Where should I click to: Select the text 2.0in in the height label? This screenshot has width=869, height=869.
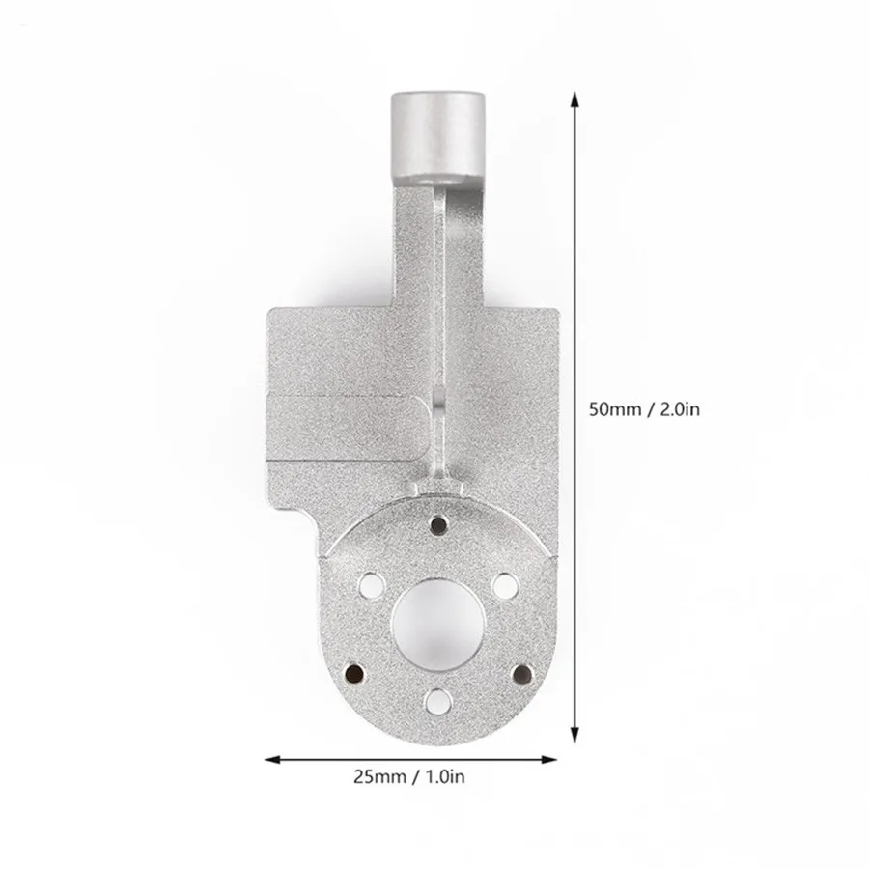point(679,409)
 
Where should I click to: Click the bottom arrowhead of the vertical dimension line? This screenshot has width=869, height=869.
point(576,731)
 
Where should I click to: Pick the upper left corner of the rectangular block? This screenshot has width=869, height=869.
point(269,311)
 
